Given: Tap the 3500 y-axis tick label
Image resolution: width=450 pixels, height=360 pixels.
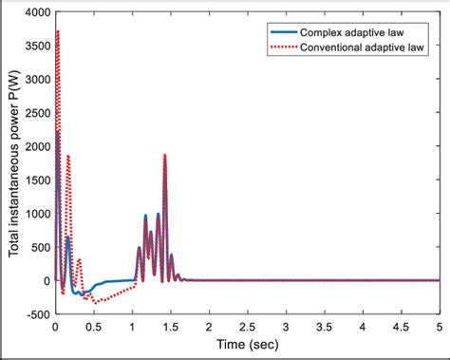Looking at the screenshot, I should pos(35,47).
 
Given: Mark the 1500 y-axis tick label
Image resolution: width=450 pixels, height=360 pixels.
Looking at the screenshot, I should pos(35,180).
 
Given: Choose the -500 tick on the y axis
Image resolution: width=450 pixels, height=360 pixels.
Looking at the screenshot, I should pos(35,314).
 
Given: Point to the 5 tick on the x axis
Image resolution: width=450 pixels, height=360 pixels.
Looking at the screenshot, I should pos(440,327).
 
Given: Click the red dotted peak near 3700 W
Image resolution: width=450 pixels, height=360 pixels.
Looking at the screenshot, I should pos(58,31).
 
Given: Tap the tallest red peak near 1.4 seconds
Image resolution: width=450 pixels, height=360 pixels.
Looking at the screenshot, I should pos(165,155).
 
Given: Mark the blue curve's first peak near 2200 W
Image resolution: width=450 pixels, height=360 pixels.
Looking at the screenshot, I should pos(57,132).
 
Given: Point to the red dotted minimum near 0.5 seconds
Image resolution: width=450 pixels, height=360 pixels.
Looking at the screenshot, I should pos(95,302).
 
